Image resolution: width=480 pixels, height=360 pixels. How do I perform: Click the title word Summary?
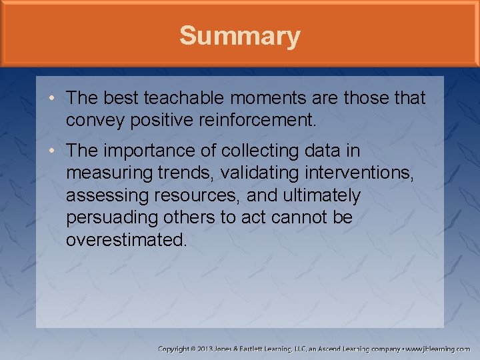click(239, 35)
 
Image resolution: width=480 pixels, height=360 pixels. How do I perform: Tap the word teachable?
click(185, 98)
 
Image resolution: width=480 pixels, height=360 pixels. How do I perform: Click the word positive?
click(152, 120)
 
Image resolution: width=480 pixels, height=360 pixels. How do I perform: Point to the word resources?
click(203, 196)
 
